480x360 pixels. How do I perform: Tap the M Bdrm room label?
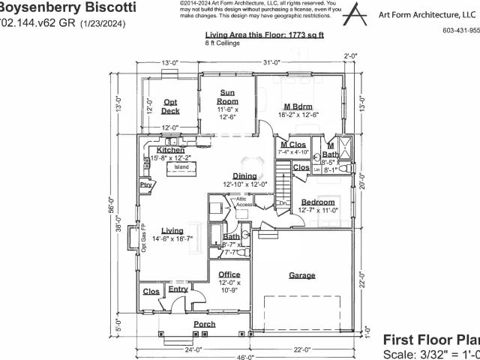297,106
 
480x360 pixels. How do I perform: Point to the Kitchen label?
171,150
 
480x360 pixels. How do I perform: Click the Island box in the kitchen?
181,167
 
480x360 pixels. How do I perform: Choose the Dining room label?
244,175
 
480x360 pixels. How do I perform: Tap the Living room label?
172,230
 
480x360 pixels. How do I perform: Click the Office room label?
229,274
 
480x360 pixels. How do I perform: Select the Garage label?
302,276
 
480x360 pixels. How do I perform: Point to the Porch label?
205,324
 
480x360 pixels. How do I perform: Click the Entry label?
178,289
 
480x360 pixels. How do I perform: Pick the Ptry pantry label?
145,184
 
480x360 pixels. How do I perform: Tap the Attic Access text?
245,202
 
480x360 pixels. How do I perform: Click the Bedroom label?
318,202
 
